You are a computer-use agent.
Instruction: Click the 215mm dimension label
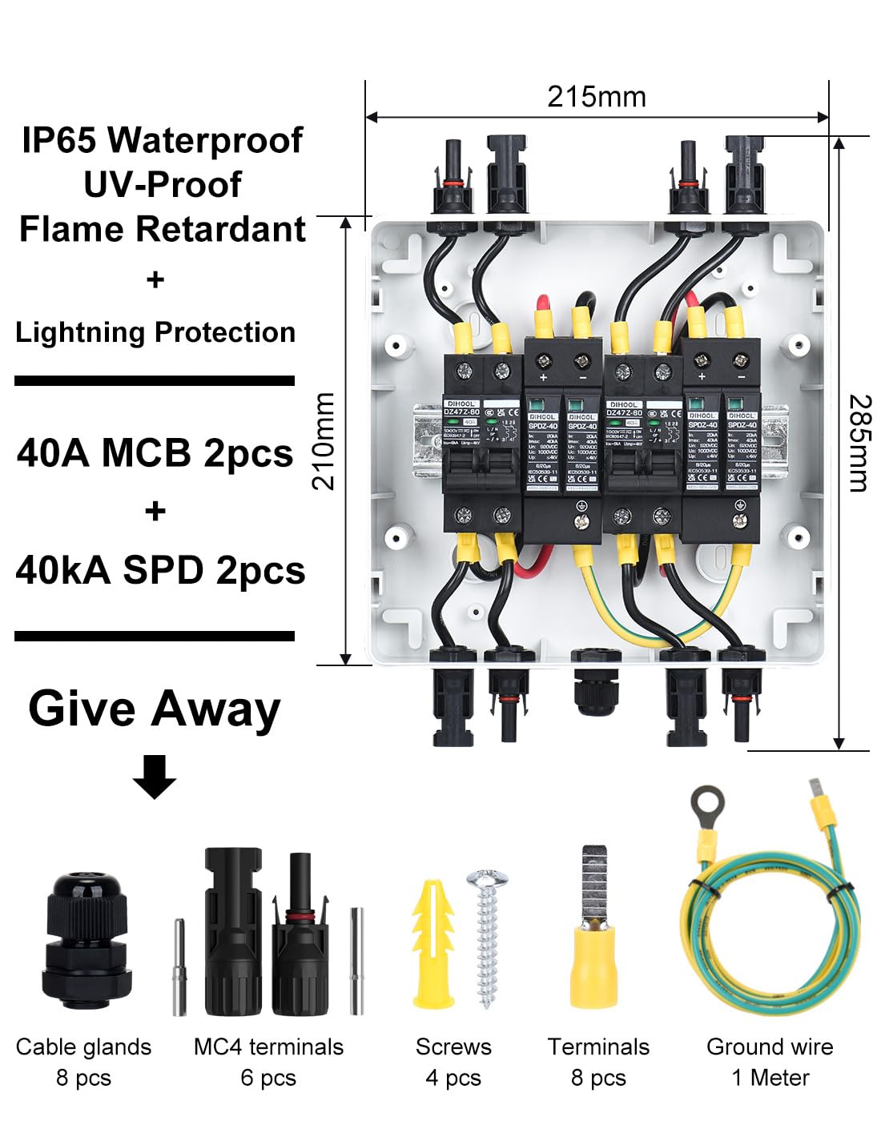(596, 97)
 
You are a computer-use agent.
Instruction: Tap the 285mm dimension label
(859, 442)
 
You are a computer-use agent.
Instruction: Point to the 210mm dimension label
(324, 440)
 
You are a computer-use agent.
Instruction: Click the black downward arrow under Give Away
(155, 776)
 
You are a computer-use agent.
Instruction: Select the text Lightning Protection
(155, 331)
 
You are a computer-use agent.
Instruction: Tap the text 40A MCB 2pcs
(155, 453)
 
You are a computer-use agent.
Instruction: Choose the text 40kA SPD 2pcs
(159, 570)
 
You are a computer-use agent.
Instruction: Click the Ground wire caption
(769, 1047)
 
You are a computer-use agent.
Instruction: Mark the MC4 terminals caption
(268, 1047)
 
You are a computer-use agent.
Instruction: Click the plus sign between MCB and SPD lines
(155, 511)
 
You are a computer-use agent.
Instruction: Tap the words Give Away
(155, 709)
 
